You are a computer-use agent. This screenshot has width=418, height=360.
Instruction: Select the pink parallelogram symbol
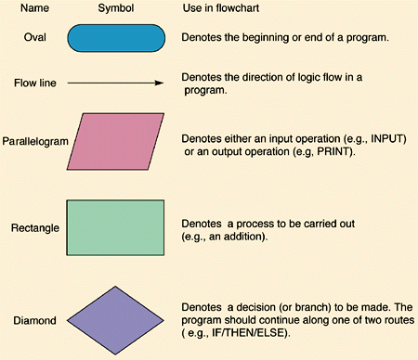coord(119,141)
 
